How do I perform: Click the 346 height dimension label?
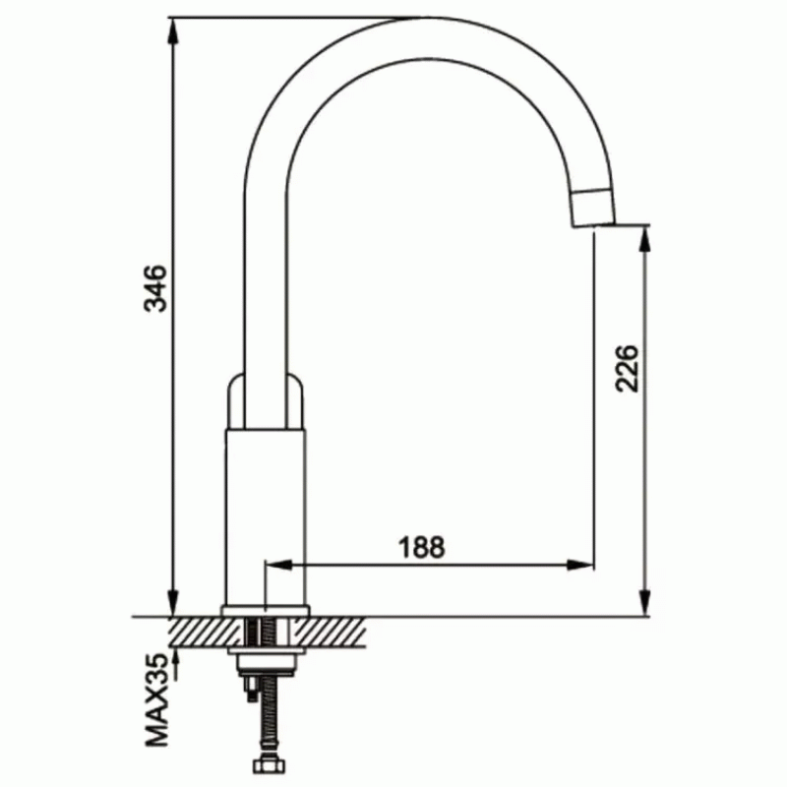(x=155, y=288)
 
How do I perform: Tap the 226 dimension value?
(x=628, y=368)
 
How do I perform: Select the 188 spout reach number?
(x=422, y=548)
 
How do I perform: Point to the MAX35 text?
(x=156, y=700)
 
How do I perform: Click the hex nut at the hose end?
(x=270, y=765)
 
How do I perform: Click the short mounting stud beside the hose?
(x=250, y=690)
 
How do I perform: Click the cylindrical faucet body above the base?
(x=265, y=517)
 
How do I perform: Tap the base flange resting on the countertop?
(x=265, y=611)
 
